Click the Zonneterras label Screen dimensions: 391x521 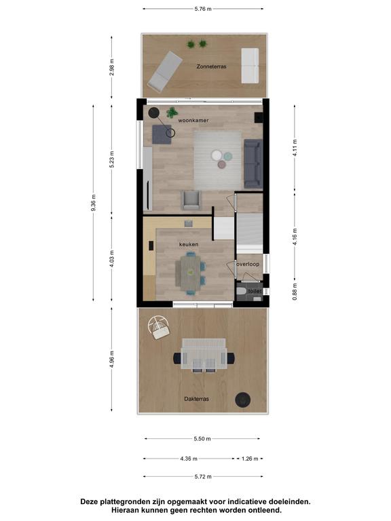[x=211, y=66]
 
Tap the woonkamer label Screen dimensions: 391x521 [x=193, y=120]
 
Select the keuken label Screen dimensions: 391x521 [x=189, y=244]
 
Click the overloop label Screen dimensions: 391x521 [x=248, y=264]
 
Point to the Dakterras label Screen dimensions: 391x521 [x=196, y=399]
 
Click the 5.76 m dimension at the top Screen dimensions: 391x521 [x=203, y=9]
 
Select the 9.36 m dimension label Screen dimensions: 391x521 [x=94, y=203]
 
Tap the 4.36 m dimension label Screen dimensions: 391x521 [x=189, y=459]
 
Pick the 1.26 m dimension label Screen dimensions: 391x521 [x=250, y=459]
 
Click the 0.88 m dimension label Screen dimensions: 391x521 [x=295, y=292]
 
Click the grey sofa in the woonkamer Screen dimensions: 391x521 [x=253, y=163]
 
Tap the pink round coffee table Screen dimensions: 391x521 [x=222, y=164]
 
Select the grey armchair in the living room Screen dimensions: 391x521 [x=191, y=200]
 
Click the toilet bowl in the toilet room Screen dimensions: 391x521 [x=241, y=292]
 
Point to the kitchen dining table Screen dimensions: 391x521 [x=189, y=273]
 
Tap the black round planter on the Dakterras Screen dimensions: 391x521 [x=243, y=400]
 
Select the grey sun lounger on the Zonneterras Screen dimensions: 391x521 [x=165, y=71]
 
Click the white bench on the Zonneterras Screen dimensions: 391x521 [x=250, y=65]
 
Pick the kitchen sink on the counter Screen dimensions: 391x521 [x=189, y=223]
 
